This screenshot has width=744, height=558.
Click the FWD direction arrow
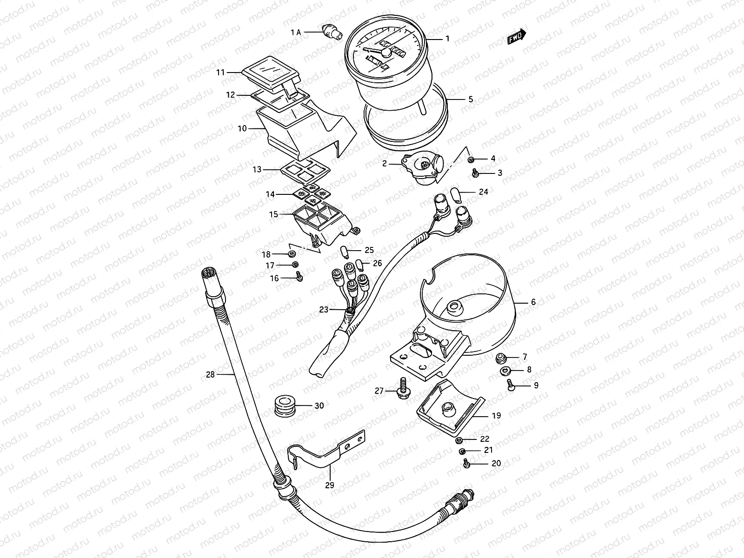pos(517,38)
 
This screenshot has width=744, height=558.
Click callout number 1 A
pos(296,32)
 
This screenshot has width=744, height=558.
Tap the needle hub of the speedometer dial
pos(385,53)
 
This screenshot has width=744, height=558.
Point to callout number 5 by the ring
pos(471,99)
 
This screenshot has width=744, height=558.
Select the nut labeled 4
pos(471,159)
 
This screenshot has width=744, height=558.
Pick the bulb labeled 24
pos(457,195)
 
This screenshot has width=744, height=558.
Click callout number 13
pos(257,170)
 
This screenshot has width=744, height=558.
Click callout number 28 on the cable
pos(211,374)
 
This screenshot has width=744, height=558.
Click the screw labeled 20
pos(465,463)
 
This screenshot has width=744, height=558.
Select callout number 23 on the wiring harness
pos(324,309)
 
